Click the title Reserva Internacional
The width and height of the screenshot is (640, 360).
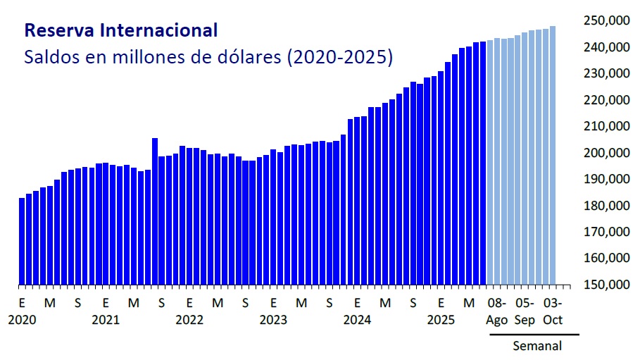(120, 30)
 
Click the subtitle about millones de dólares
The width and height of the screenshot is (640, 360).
(208, 57)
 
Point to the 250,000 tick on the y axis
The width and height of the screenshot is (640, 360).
(606, 20)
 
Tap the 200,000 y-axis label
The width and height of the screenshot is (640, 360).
(606, 153)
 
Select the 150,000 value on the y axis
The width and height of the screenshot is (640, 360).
(606, 285)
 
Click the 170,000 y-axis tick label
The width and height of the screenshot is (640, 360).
(606, 232)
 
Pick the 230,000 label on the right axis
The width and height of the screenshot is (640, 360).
(606, 73)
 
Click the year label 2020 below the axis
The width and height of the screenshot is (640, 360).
(22, 319)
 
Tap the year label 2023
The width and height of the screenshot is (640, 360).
(273, 319)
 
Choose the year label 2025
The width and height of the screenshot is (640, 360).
(441, 319)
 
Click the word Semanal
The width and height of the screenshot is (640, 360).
(537, 346)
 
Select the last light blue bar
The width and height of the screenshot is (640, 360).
(553, 156)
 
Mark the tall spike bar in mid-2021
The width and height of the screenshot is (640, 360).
(155, 211)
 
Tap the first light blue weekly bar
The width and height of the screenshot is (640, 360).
(490, 163)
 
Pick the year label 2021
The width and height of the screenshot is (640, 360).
(106, 319)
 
